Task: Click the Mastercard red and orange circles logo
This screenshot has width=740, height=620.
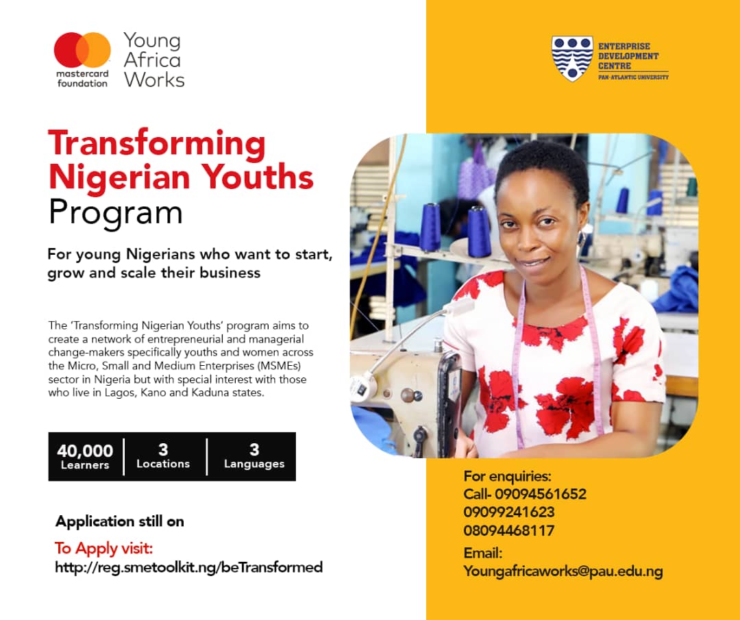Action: pos(82,49)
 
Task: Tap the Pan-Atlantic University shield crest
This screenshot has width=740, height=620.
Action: pos(572,58)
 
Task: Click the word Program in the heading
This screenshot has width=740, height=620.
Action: pos(116,213)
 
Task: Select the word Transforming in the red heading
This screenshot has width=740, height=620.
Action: pos(157,143)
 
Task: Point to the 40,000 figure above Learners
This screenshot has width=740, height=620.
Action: pos(85,451)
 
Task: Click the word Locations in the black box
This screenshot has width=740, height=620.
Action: pos(163,464)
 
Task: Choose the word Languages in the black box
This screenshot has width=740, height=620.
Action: pos(254,464)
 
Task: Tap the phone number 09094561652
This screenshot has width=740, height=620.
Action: pos(541,494)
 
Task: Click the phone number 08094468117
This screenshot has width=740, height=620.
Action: pos(508,530)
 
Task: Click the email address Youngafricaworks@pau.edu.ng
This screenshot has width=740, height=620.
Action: pos(563,571)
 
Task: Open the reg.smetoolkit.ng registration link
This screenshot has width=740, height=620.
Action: pos(189,567)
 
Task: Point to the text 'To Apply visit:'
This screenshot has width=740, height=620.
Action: pos(104,548)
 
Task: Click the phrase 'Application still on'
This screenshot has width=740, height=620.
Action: pos(120,521)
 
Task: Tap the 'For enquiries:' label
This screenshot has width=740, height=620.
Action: pos(507,476)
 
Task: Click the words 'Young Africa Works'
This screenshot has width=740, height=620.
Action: pos(154,60)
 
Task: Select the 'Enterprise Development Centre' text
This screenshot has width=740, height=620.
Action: pos(628,56)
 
